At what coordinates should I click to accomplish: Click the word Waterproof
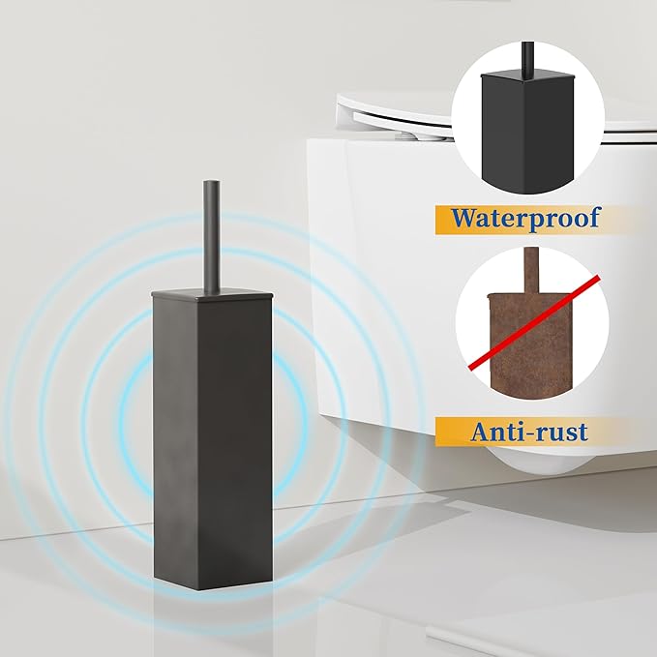[x=524, y=218]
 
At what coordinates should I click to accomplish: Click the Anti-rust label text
[x=528, y=432]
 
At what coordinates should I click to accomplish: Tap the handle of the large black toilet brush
[x=211, y=238]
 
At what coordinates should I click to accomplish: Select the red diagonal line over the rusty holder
[x=534, y=322]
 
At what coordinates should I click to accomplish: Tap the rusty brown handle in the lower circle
[x=529, y=270]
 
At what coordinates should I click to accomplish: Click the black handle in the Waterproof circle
[x=527, y=59]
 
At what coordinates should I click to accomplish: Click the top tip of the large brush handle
[x=211, y=181]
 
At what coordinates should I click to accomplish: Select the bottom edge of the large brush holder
[x=212, y=581]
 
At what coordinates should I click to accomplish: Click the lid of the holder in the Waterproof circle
[x=526, y=76]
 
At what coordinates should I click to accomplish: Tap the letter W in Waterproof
[x=463, y=217]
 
